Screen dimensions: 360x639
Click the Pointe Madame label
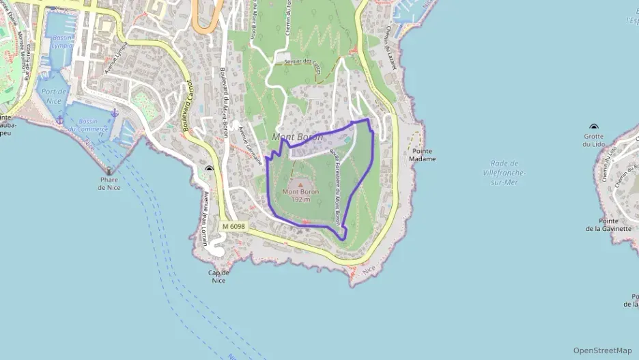(x=422, y=154)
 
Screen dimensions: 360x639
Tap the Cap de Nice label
(x=218, y=276)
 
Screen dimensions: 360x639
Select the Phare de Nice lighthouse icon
(x=109, y=171)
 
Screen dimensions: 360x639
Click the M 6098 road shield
(x=233, y=226)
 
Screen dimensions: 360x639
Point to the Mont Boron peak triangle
(x=299, y=184)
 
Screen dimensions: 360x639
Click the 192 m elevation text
(x=300, y=199)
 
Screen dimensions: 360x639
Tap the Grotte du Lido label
(x=593, y=140)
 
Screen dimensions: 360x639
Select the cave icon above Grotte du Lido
(x=593, y=128)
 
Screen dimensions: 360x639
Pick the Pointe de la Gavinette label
(x=608, y=225)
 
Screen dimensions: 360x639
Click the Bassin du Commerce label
(x=93, y=125)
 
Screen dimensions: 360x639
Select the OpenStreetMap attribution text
(x=602, y=350)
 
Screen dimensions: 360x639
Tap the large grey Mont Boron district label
(x=297, y=137)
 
